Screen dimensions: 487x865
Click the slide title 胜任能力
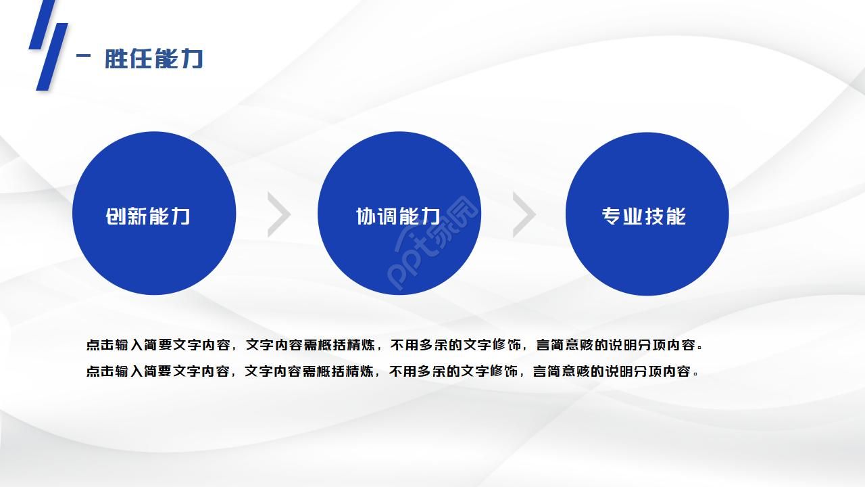153,59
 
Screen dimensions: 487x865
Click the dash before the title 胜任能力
84,57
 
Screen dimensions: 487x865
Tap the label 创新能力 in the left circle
148,216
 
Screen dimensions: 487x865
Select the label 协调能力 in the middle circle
398,216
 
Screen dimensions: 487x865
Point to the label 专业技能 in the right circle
643,216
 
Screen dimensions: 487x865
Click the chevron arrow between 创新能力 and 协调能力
278,214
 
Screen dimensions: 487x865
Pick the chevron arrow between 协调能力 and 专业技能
524,214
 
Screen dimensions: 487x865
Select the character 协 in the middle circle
366,216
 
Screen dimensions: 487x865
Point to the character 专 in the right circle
612,216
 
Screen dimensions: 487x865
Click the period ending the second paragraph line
696,373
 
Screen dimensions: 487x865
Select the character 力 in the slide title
193,59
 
